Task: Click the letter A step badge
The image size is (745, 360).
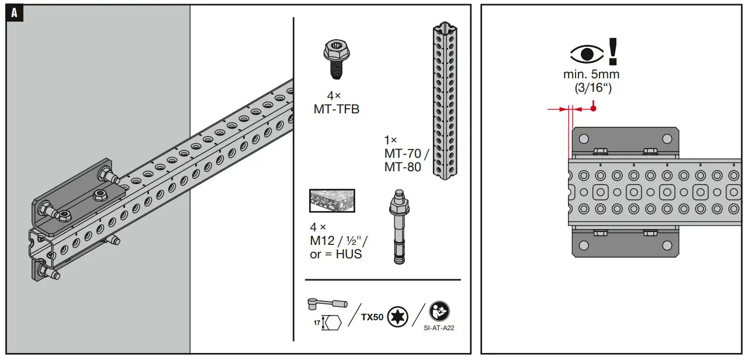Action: tap(14, 14)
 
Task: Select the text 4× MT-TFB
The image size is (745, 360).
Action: tap(336, 102)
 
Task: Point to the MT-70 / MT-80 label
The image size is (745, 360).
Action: tap(406, 154)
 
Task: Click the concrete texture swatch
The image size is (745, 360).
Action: tap(331, 200)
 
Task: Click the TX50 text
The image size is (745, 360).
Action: tap(372, 317)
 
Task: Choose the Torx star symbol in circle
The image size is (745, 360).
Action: tap(397, 317)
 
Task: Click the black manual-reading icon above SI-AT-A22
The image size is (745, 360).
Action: tap(439, 311)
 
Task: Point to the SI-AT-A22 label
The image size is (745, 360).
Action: tap(439, 328)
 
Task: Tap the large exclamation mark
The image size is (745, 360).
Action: tap(612, 50)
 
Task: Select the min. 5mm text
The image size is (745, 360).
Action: tap(591, 75)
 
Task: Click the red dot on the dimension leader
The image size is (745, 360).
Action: tap(593, 108)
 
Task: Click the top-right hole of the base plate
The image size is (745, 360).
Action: tap(667, 139)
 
